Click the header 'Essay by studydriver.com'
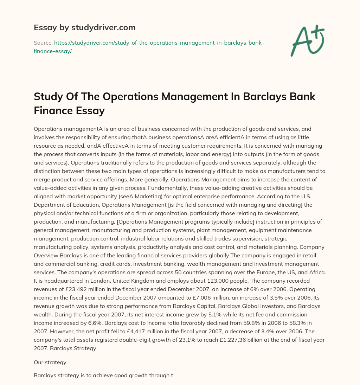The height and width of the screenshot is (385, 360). pyautogui.click(x=85, y=27)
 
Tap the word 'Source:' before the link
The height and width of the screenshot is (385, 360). pyautogui.click(x=43, y=43)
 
